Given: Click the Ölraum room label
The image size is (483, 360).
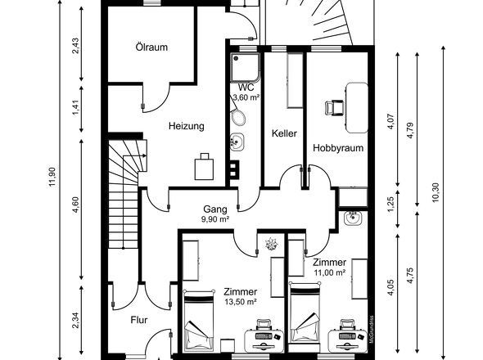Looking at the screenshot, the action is [x=151, y=47].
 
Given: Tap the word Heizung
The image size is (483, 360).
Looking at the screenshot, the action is [x=187, y=126].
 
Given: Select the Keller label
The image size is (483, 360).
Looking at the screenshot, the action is [x=284, y=133].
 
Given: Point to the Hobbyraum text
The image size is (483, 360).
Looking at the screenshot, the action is [x=338, y=148].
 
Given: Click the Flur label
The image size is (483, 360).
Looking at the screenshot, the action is [x=139, y=320].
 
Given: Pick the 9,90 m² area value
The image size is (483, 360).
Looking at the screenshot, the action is [x=215, y=219].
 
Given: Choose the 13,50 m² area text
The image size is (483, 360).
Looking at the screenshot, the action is [x=241, y=302].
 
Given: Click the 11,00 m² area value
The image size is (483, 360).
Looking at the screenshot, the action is [x=330, y=272].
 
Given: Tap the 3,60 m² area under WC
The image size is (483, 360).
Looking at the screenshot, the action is [x=246, y=98].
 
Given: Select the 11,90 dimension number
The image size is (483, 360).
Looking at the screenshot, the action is [x=52, y=176].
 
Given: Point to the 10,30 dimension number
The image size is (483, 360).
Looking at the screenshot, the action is [x=436, y=193].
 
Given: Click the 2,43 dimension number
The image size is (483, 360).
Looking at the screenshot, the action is [x=75, y=46].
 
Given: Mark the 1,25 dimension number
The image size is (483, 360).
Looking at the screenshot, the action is [x=390, y=205].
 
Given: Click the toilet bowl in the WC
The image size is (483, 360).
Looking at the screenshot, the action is [x=238, y=117].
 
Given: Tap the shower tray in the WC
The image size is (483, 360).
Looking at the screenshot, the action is [x=246, y=68].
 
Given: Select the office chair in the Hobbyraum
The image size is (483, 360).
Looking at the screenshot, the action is [x=334, y=108].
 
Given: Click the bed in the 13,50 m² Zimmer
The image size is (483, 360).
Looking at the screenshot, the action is [x=199, y=321].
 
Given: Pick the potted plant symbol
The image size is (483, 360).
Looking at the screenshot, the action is [x=271, y=244].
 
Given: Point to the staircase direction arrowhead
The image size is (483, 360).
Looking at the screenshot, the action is [x=145, y=155].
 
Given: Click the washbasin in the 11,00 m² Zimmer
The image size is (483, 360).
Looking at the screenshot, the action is [x=353, y=218].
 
